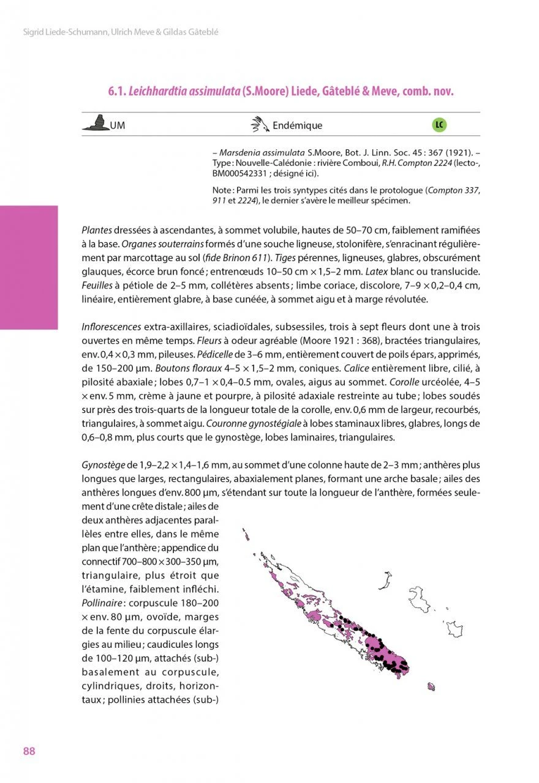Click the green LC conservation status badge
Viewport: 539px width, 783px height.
tap(439, 125)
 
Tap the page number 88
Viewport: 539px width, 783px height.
tap(29, 751)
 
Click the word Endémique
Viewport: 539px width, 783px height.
tap(297, 126)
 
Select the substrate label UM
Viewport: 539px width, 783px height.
tap(118, 126)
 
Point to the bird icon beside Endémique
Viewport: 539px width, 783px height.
tap(260, 125)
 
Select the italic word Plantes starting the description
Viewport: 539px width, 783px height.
tap(97, 230)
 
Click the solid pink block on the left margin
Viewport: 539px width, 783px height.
tap(29, 267)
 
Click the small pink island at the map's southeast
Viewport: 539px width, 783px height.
tap(431, 687)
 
